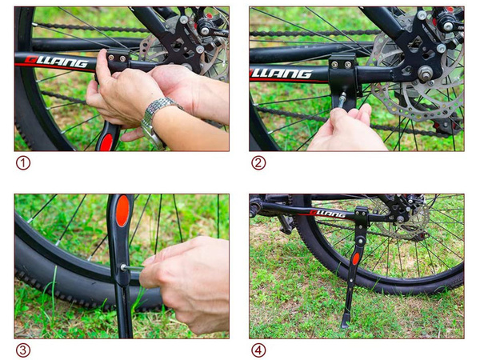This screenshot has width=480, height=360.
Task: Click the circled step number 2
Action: (x=258, y=163)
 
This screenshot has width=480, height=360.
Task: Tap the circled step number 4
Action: (x=258, y=350)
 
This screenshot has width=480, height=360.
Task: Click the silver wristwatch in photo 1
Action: (x=158, y=116)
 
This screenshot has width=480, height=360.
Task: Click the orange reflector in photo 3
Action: (x=122, y=212)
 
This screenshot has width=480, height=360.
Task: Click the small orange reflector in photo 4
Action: (x=356, y=258)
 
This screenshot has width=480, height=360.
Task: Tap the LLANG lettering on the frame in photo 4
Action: (x=327, y=214)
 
